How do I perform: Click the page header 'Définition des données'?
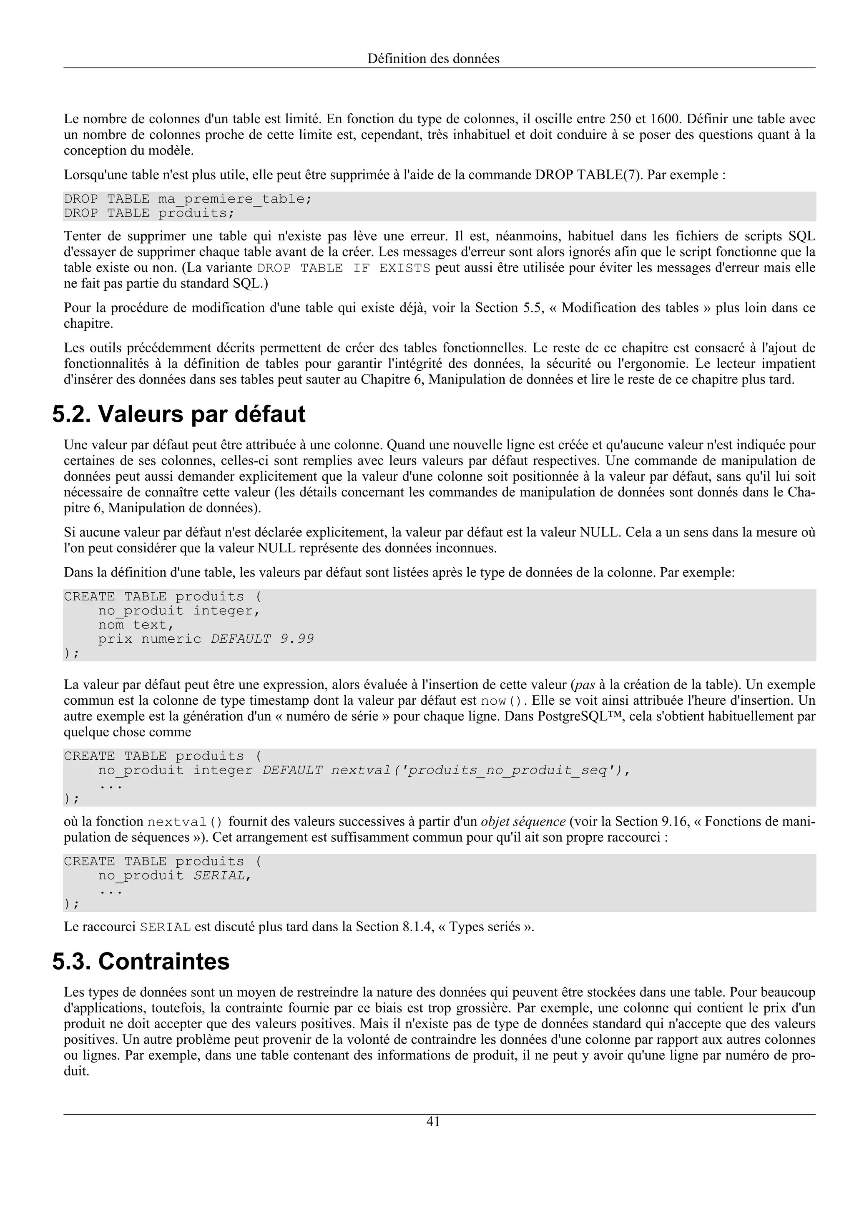(x=433, y=59)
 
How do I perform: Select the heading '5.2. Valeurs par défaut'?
(x=179, y=414)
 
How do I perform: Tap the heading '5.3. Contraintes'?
(x=141, y=962)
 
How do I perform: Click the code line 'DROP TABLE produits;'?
(x=149, y=213)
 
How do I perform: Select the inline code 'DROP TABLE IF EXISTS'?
(x=343, y=268)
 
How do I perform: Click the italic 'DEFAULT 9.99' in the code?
(x=262, y=639)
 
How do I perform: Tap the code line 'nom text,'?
(x=136, y=625)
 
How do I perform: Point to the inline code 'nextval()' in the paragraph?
(x=185, y=822)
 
